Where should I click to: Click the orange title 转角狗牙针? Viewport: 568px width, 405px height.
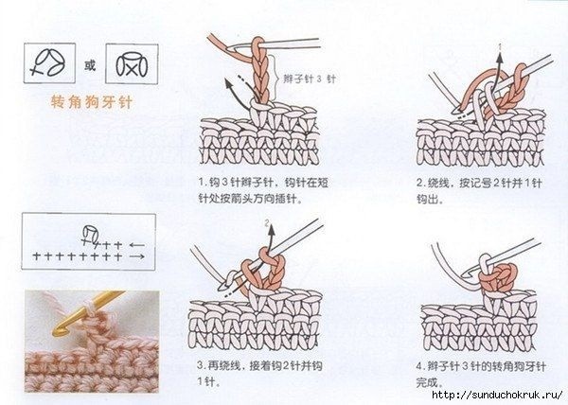[x=92, y=102]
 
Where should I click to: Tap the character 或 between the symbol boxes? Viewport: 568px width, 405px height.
[x=90, y=66]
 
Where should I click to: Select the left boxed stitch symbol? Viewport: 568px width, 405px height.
[x=49, y=62]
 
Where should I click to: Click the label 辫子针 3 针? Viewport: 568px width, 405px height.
[x=310, y=79]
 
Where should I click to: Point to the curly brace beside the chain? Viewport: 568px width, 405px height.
[x=276, y=78]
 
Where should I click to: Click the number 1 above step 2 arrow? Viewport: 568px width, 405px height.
[x=500, y=46]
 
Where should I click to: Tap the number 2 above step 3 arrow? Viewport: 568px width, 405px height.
[x=267, y=223]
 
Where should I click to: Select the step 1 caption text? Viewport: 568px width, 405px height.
[x=263, y=190]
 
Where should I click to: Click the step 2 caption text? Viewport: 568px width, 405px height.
[x=479, y=190]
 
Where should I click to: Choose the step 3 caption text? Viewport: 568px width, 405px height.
[x=259, y=373]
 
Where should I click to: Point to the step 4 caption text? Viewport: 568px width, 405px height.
[x=481, y=374]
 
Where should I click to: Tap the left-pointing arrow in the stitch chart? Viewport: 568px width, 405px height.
[x=137, y=245]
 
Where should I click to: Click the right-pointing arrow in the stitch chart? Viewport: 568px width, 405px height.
[x=137, y=256]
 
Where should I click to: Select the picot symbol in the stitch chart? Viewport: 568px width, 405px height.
[x=90, y=235]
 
